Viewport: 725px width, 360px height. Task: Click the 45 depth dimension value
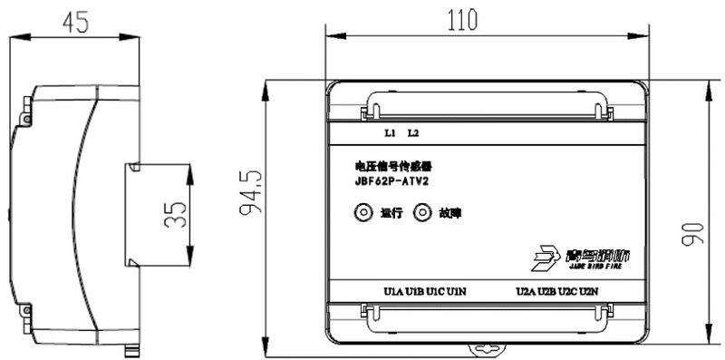[x=76, y=23]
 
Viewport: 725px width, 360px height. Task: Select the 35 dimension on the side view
[x=179, y=216]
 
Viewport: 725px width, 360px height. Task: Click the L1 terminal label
[x=391, y=133]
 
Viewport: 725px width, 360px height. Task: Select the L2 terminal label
[x=413, y=133]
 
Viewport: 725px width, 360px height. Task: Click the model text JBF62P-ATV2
[x=392, y=180]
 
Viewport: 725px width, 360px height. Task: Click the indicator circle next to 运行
[x=363, y=213]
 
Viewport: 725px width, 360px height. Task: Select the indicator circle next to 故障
[x=422, y=213]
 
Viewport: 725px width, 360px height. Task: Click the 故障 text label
[x=449, y=214]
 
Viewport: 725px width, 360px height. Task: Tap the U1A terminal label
[x=392, y=292]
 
